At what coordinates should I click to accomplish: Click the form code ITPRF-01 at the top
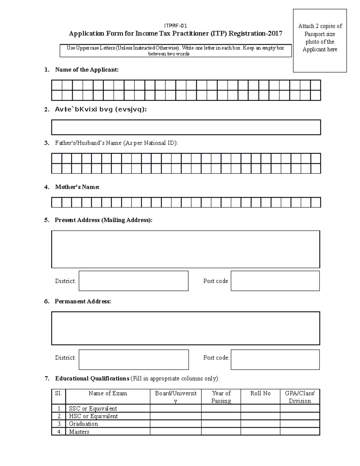click(175, 26)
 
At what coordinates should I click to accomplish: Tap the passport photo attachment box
click(320, 41)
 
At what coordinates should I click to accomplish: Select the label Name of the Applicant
click(87, 70)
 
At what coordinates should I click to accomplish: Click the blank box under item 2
click(186, 127)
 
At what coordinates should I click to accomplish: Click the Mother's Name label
click(77, 187)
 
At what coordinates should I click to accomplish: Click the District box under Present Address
click(133, 281)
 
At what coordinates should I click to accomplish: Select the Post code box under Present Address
click(275, 281)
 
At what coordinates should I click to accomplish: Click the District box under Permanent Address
click(133, 359)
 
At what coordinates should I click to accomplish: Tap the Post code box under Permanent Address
click(275, 359)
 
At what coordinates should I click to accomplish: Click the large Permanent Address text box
click(185, 328)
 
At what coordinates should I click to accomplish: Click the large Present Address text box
click(185, 249)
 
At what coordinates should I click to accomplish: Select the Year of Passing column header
click(221, 397)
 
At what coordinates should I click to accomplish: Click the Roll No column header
click(260, 393)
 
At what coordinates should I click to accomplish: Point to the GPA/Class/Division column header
click(300, 397)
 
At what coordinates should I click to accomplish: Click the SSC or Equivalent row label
click(93, 408)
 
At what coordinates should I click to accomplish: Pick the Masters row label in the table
click(79, 432)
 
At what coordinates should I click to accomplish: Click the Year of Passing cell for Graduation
click(221, 424)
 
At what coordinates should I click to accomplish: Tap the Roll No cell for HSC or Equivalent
click(260, 416)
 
